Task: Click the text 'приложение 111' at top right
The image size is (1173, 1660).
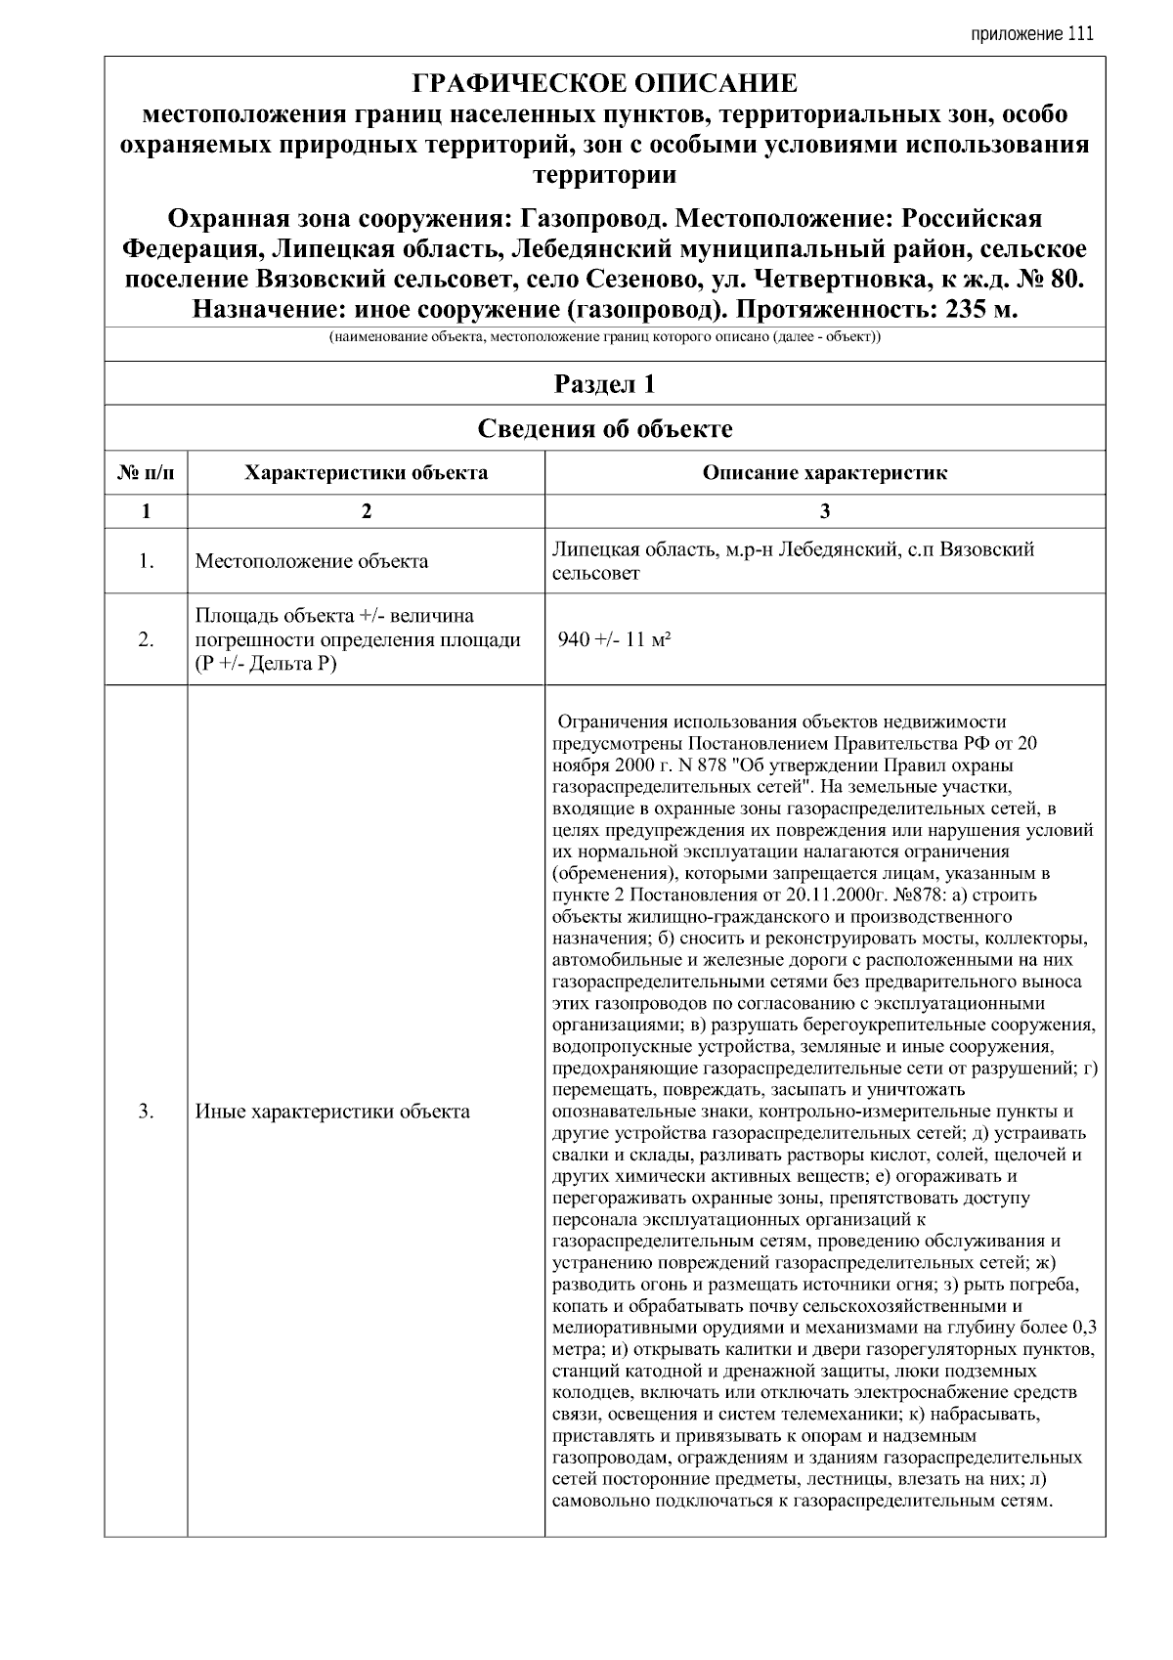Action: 1031,35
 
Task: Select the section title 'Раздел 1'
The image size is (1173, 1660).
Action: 604,384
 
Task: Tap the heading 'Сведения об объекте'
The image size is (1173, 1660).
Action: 604,429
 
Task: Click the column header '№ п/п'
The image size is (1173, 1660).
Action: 146,474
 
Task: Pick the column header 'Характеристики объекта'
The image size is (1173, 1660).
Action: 366,474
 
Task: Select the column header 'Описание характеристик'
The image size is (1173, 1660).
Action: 824,474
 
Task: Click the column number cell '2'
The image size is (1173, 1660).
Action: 366,510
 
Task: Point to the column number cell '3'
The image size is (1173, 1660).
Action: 824,510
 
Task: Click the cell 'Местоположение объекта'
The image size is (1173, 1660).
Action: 311,561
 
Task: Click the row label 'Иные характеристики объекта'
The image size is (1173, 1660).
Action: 332,1112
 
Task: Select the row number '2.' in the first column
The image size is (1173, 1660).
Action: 146,640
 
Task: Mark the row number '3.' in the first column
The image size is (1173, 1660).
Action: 146,1112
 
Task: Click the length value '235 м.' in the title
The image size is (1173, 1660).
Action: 978,310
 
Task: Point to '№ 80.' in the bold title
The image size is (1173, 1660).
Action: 1046,280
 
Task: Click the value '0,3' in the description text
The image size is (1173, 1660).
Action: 1083,1328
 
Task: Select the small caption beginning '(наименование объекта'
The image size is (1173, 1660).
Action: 604,338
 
